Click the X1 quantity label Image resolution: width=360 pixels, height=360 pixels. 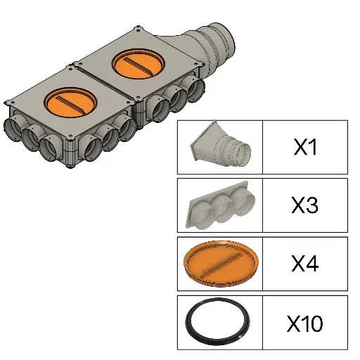305,147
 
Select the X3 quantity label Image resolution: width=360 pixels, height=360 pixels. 304,205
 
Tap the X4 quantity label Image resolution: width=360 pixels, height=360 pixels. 304,264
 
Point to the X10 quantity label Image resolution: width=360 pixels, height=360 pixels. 304,323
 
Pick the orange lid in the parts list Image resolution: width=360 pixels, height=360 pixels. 221,264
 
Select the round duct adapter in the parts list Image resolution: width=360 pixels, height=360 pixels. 220,144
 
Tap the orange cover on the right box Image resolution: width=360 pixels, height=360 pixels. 139,64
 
